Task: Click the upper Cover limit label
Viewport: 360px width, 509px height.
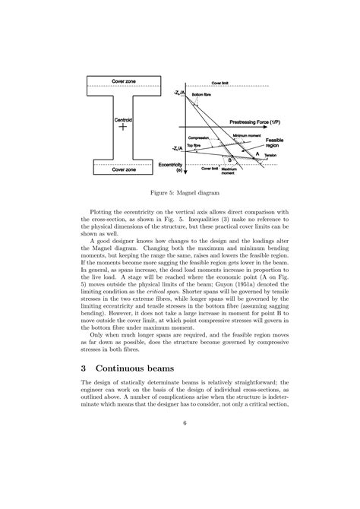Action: pos(221,81)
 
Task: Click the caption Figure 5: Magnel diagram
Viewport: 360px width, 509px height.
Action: pos(179,193)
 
